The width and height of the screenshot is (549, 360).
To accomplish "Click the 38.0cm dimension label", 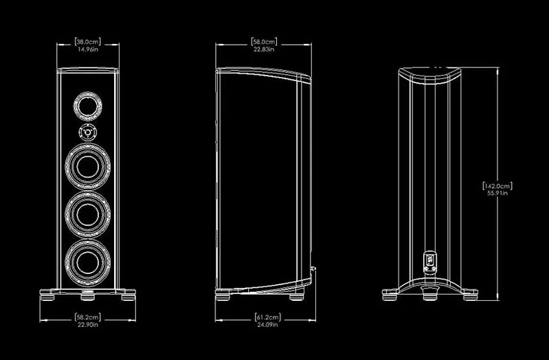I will [x=89, y=41].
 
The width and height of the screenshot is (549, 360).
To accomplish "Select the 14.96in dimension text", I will [x=89, y=49].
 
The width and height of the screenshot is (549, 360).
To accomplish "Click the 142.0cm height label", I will [x=498, y=185].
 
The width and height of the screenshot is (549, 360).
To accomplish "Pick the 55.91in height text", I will [x=498, y=194].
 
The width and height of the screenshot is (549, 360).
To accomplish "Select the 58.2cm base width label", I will [x=89, y=317].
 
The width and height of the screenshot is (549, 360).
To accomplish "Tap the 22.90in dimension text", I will [x=89, y=326].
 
